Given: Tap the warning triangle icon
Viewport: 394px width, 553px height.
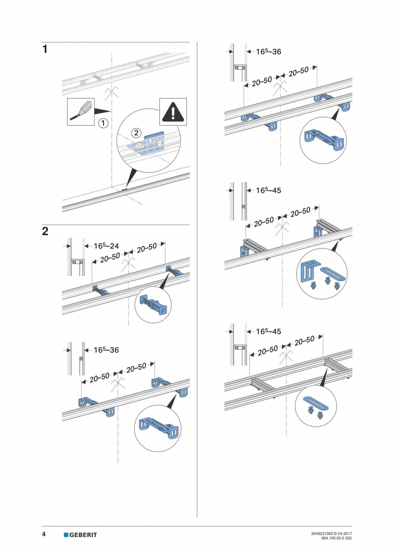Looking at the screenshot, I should tap(173, 112).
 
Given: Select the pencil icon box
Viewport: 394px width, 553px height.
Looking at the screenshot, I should tap(81, 111).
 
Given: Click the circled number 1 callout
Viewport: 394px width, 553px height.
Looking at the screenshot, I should tap(103, 123).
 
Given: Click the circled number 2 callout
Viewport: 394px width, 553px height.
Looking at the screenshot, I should tap(136, 133).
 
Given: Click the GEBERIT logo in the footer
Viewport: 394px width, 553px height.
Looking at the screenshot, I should tap(80, 535).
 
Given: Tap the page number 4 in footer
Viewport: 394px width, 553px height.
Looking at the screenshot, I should tap(44, 535).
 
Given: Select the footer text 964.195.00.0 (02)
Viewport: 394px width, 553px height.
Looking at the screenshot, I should tap(336, 538).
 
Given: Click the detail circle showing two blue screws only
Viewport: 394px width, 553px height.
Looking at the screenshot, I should tap(315, 406).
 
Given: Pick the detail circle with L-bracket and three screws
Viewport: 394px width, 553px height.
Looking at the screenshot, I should tap(322, 273).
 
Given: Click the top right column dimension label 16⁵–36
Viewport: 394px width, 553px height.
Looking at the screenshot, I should tap(269, 51).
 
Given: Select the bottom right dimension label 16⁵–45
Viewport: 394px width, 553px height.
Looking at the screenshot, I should tap(269, 331).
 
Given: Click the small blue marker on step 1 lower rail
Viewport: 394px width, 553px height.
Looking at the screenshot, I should tap(125, 189).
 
